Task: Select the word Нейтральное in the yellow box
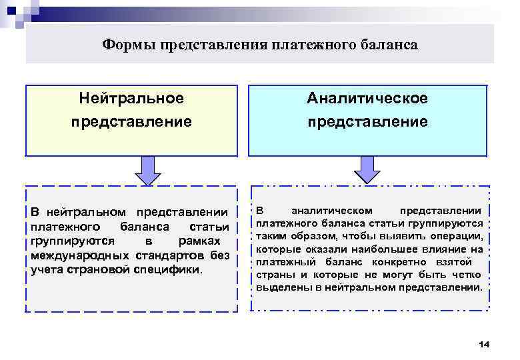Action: [131, 99]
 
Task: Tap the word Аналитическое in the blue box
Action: [367, 99]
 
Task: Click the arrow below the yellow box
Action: [147, 170]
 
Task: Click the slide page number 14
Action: [484, 344]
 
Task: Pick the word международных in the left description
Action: [80, 256]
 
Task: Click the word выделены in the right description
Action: [277, 288]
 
